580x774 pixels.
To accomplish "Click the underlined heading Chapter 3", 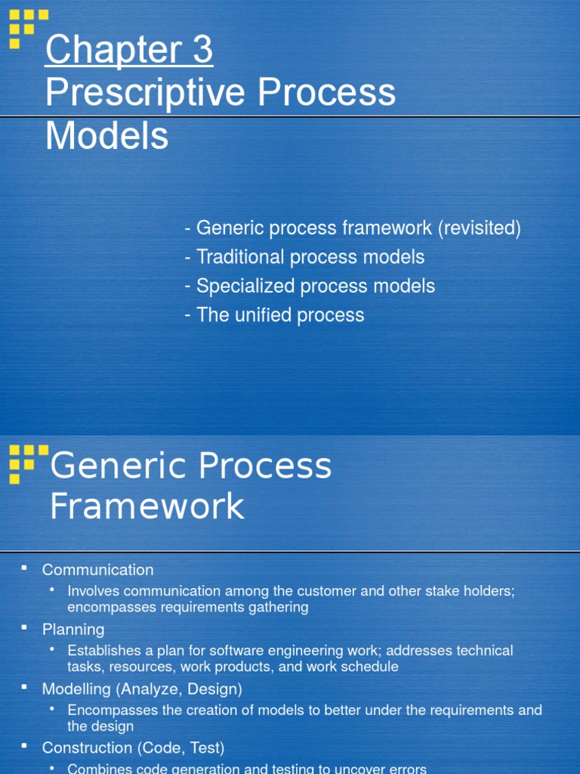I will tap(128, 51).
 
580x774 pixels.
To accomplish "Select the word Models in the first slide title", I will tap(106, 136).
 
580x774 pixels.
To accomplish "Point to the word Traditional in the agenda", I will tap(241, 257).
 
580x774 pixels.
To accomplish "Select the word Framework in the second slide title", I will tap(147, 506).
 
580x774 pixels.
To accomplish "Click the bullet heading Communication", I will tap(97, 570).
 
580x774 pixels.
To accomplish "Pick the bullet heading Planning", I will tap(73, 630).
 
